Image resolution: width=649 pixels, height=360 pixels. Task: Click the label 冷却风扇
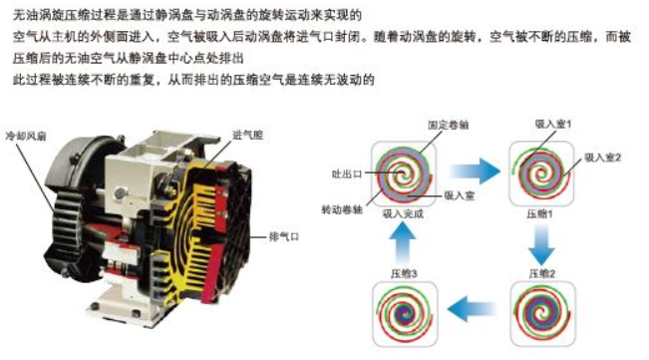[x=26, y=136]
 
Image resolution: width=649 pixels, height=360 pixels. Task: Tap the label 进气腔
[x=248, y=135]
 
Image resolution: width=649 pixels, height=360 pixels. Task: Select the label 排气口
[x=284, y=236]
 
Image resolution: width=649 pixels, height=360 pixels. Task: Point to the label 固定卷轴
[x=449, y=125]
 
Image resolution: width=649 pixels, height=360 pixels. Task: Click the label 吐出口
[x=347, y=174]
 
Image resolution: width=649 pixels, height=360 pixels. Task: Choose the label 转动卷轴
[x=342, y=209]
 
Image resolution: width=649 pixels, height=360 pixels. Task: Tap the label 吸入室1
[x=553, y=124]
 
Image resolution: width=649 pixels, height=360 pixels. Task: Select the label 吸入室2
[x=602, y=158]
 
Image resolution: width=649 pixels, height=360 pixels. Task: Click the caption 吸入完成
[x=403, y=214]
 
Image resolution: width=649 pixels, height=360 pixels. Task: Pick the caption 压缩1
[x=539, y=214]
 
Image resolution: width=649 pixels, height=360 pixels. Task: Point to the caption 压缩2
[x=542, y=273]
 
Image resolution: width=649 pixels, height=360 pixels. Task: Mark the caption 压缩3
[x=404, y=273]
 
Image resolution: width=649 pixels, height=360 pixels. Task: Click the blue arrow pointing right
[x=475, y=171]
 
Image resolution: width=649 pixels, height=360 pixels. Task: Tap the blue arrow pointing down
[x=541, y=245]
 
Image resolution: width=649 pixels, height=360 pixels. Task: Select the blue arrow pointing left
[x=472, y=309]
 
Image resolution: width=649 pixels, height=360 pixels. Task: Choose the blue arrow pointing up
[x=403, y=243]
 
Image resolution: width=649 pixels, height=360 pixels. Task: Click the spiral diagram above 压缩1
[x=541, y=174]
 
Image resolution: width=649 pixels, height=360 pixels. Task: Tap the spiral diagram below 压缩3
[x=405, y=314]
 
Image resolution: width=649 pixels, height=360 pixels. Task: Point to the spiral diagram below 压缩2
[x=543, y=314]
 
